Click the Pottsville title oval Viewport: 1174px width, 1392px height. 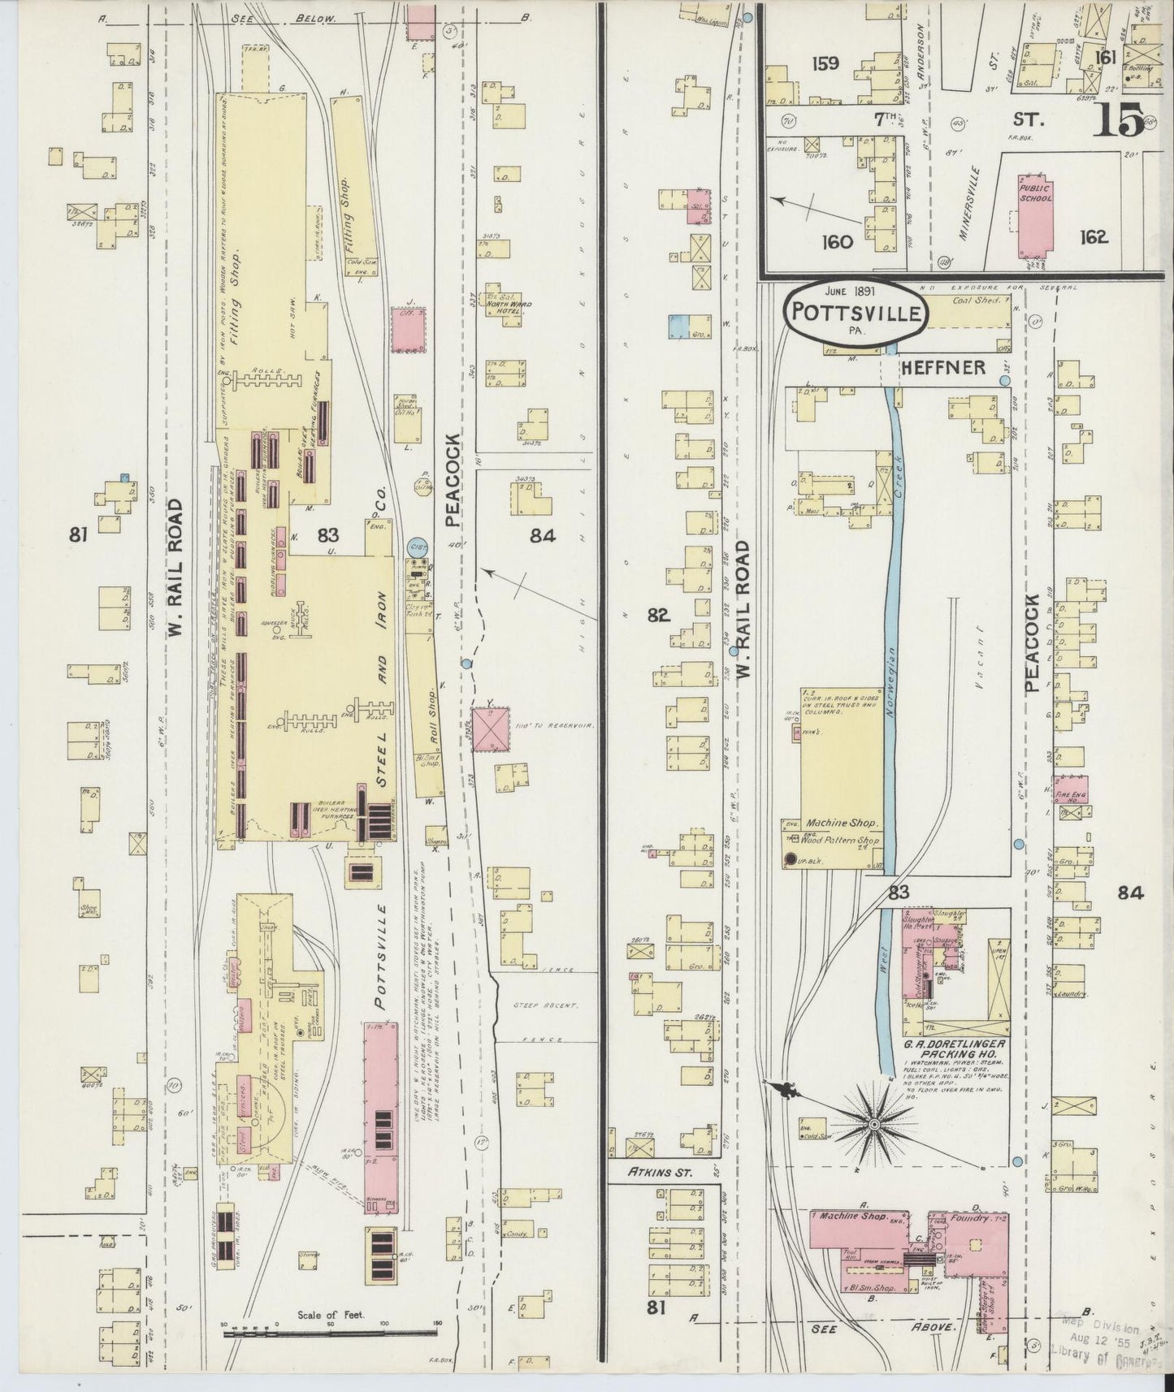coord(855,313)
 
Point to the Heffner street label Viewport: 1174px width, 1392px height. coord(942,368)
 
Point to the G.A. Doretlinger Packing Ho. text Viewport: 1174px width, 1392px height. coord(954,1048)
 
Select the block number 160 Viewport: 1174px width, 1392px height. coord(837,241)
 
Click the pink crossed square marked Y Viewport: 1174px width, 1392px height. coord(492,728)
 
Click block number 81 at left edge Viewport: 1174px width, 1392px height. coord(78,534)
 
